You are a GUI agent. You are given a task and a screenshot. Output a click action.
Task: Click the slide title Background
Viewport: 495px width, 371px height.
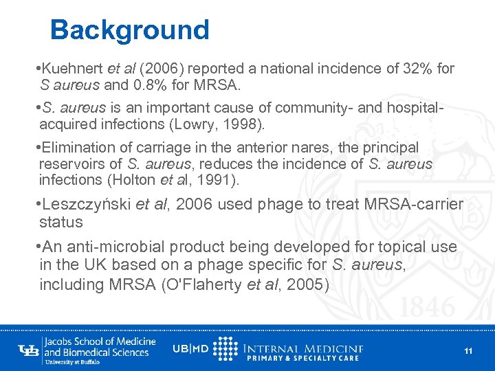(x=129, y=30)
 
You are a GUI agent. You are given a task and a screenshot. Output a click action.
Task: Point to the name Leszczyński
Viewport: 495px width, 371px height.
(x=88, y=205)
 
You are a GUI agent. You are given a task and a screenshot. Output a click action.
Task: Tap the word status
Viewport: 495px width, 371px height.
(x=61, y=223)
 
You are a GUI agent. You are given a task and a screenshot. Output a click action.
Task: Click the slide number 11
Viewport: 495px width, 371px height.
(x=468, y=350)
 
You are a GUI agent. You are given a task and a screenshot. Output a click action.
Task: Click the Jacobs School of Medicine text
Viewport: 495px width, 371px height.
(x=99, y=341)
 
